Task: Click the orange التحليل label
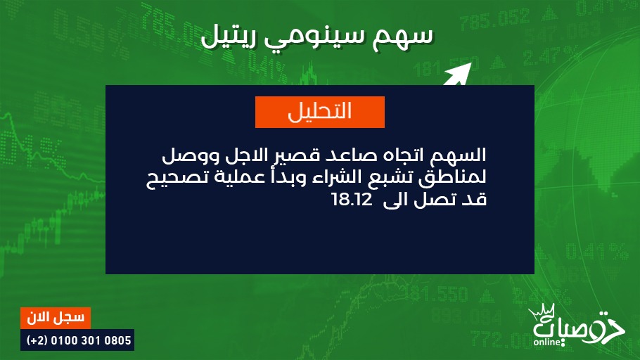(319, 112)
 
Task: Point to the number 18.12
(352, 200)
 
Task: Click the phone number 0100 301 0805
(91, 340)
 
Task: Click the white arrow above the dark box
(458, 74)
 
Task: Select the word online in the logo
(546, 342)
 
